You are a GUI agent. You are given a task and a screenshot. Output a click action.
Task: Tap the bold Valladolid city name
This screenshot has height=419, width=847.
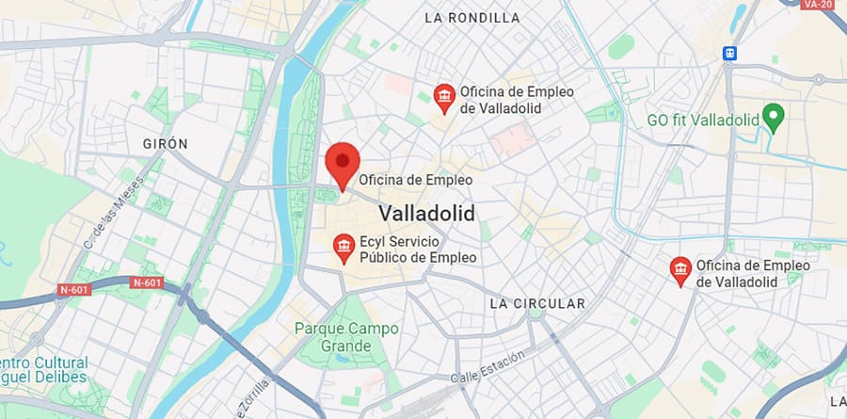point(426,213)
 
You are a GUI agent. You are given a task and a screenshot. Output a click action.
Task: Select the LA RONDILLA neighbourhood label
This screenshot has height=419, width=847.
point(471,17)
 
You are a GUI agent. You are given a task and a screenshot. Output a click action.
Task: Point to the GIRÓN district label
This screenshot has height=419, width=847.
point(165,143)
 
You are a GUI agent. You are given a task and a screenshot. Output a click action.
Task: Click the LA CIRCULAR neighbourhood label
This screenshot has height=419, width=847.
point(537,303)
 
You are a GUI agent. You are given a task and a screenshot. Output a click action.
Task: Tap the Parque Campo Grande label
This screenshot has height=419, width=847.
point(346,329)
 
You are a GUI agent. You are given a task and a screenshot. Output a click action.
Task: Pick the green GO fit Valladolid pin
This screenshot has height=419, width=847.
point(774,120)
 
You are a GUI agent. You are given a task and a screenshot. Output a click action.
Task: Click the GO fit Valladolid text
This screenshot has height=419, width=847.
point(702,121)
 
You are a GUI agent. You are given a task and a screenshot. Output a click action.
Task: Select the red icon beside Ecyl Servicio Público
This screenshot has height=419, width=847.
point(344,249)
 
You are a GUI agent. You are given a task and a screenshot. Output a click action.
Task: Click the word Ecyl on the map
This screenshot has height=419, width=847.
point(375,241)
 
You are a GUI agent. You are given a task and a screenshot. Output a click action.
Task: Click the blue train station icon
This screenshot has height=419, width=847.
point(728,54)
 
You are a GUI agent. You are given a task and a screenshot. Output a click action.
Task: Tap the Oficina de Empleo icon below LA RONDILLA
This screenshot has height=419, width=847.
point(443,97)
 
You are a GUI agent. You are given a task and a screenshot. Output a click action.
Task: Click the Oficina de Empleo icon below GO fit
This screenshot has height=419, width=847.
point(679,271)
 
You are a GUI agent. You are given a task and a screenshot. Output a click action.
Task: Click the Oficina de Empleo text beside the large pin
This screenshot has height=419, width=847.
point(415,179)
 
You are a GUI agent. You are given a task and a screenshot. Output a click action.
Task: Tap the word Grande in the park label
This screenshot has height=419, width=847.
point(346,346)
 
